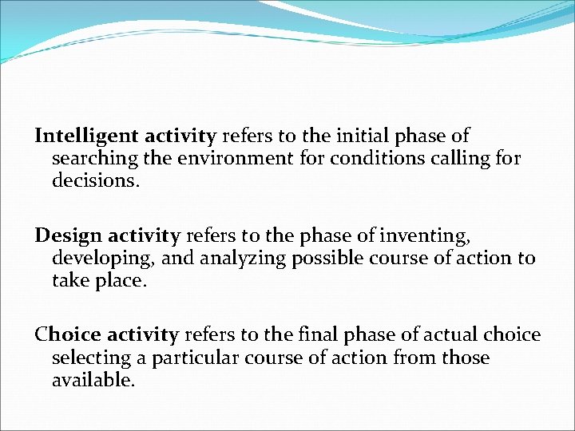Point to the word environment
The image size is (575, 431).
(x=232, y=158)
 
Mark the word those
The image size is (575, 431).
(x=465, y=358)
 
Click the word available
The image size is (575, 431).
(x=93, y=379)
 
